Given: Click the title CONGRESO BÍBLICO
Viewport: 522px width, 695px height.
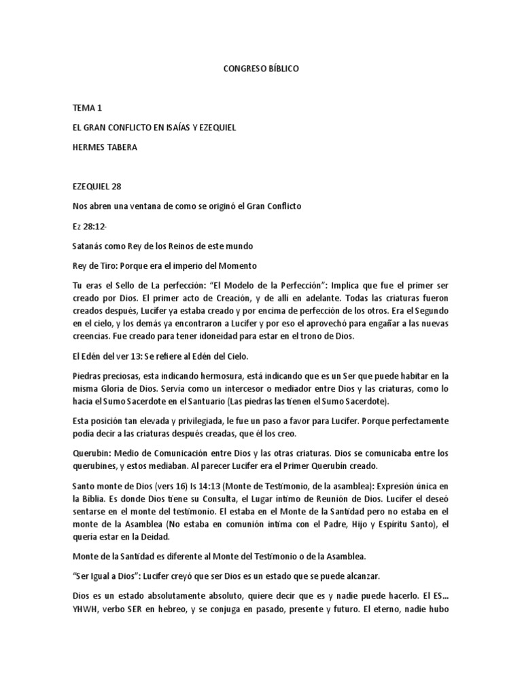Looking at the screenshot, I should (x=261, y=69).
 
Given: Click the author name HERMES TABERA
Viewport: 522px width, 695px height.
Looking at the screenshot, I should (x=104, y=147).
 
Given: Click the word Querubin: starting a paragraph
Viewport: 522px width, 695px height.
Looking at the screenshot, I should (x=93, y=454).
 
